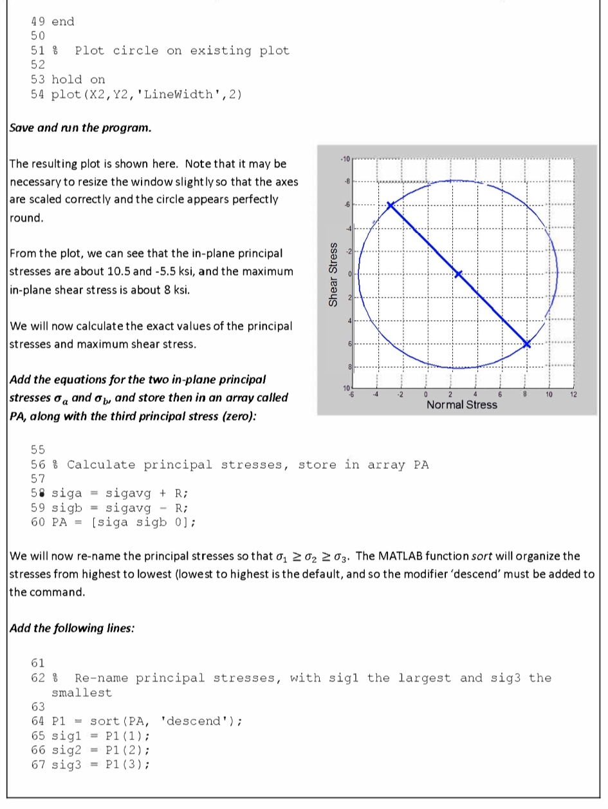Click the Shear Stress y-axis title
(x=333, y=274)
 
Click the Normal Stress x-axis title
(x=462, y=404)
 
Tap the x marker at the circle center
(x=458, y=274)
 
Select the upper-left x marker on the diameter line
(x=390, y=205)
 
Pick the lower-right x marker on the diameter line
(x=528, y=343)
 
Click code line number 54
(x=38, y=94)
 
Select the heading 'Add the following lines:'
(x=72, y=628)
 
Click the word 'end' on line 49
(x=62, y=21)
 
